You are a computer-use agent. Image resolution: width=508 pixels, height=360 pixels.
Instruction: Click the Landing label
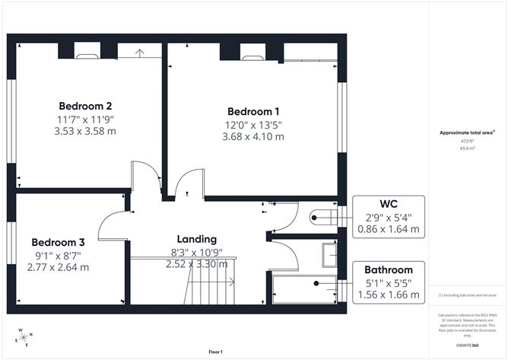196,238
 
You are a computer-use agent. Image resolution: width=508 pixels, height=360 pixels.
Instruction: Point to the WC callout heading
389,204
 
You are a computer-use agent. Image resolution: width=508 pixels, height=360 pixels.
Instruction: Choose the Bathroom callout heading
388,269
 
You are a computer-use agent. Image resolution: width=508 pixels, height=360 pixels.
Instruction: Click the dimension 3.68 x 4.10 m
253,137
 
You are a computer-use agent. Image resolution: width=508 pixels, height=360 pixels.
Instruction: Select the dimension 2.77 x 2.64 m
58,267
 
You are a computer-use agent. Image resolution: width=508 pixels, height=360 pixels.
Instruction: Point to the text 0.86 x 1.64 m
389,228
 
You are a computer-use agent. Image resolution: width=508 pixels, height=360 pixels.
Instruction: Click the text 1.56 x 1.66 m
388,295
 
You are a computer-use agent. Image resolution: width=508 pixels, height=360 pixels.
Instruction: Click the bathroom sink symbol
329,255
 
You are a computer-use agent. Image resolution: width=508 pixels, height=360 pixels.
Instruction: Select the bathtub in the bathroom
304,290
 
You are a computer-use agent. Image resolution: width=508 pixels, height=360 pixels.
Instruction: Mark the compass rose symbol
24,337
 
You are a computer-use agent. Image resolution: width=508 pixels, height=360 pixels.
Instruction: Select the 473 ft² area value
465,142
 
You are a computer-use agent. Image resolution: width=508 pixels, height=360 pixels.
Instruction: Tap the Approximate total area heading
466,132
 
